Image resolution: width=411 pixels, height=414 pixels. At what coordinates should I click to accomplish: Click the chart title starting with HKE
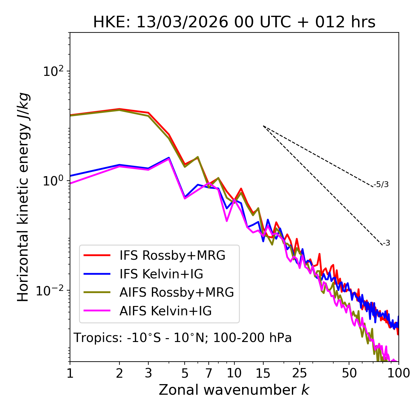click(x=234, y=22)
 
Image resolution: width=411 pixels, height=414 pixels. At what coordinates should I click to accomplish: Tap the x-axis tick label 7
click(x=209, y=373)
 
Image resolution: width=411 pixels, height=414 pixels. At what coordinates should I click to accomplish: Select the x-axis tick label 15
click(x=263, y=373)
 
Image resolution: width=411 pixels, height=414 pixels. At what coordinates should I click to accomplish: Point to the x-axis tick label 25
click(x=299, y=373)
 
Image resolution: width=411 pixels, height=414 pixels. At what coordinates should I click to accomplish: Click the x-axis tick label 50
click(x=349, y=373)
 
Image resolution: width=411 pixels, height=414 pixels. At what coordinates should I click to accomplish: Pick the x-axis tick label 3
click(x=148, y=373)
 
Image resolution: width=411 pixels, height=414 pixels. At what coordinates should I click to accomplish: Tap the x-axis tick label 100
click(x=398, y=373)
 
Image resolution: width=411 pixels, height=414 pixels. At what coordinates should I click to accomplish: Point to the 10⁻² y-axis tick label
click(x=51, y=291)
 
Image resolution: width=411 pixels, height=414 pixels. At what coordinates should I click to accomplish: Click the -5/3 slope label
click(x=381, y=185)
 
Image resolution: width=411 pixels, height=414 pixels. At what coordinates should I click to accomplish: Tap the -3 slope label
click(x=386, y=243)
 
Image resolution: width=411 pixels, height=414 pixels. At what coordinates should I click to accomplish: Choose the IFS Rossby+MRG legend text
click(x=172, y=256)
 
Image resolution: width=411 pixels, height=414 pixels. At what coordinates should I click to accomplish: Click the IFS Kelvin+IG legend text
click(x=161, y=274)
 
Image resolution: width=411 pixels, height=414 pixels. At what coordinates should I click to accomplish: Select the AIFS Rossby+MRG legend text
click(x=177, y=292)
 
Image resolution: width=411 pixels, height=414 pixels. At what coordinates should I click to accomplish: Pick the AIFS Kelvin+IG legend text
click(x=165, y=311)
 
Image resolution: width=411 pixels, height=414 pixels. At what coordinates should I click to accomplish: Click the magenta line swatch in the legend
click(x=97, y=311)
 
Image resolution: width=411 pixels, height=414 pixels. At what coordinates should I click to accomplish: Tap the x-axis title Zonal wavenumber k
click(x=234, y=390)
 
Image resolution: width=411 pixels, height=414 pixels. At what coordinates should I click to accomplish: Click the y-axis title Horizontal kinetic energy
click(x=23, y=197)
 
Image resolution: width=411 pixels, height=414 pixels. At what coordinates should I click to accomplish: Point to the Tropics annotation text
click(x=182, y=338)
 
